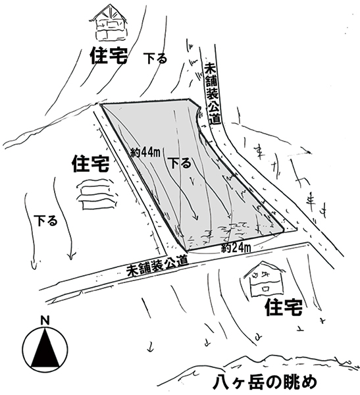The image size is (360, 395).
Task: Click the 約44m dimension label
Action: tap(145, 153)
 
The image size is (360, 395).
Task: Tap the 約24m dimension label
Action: tap(236, 248)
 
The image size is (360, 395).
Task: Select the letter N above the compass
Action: tap(45, 321)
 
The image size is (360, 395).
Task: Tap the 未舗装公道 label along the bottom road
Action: tap(157, 266)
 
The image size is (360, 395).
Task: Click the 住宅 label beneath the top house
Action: tap(109, 56)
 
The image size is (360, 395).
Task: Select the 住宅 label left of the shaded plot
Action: tap(91, 164)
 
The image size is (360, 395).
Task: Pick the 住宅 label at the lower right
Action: tap(284, 307)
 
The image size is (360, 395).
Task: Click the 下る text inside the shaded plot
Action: tap(180, 163)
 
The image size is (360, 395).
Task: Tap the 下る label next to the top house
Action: tap(155, 58)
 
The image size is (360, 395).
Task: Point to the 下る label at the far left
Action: tap(45, 221)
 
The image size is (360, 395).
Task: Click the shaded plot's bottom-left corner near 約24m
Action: tap(188, 250)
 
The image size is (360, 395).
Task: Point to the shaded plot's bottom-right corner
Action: tap(284, 230)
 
